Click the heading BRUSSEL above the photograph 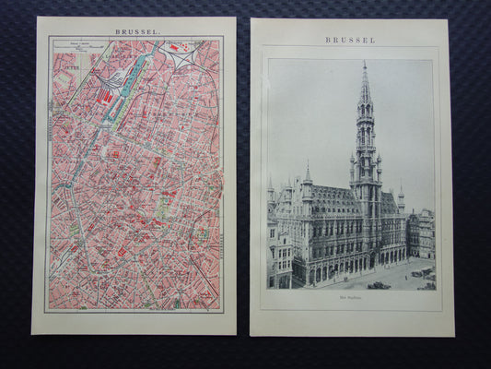[350, 41]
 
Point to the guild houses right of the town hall [421, 235]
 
